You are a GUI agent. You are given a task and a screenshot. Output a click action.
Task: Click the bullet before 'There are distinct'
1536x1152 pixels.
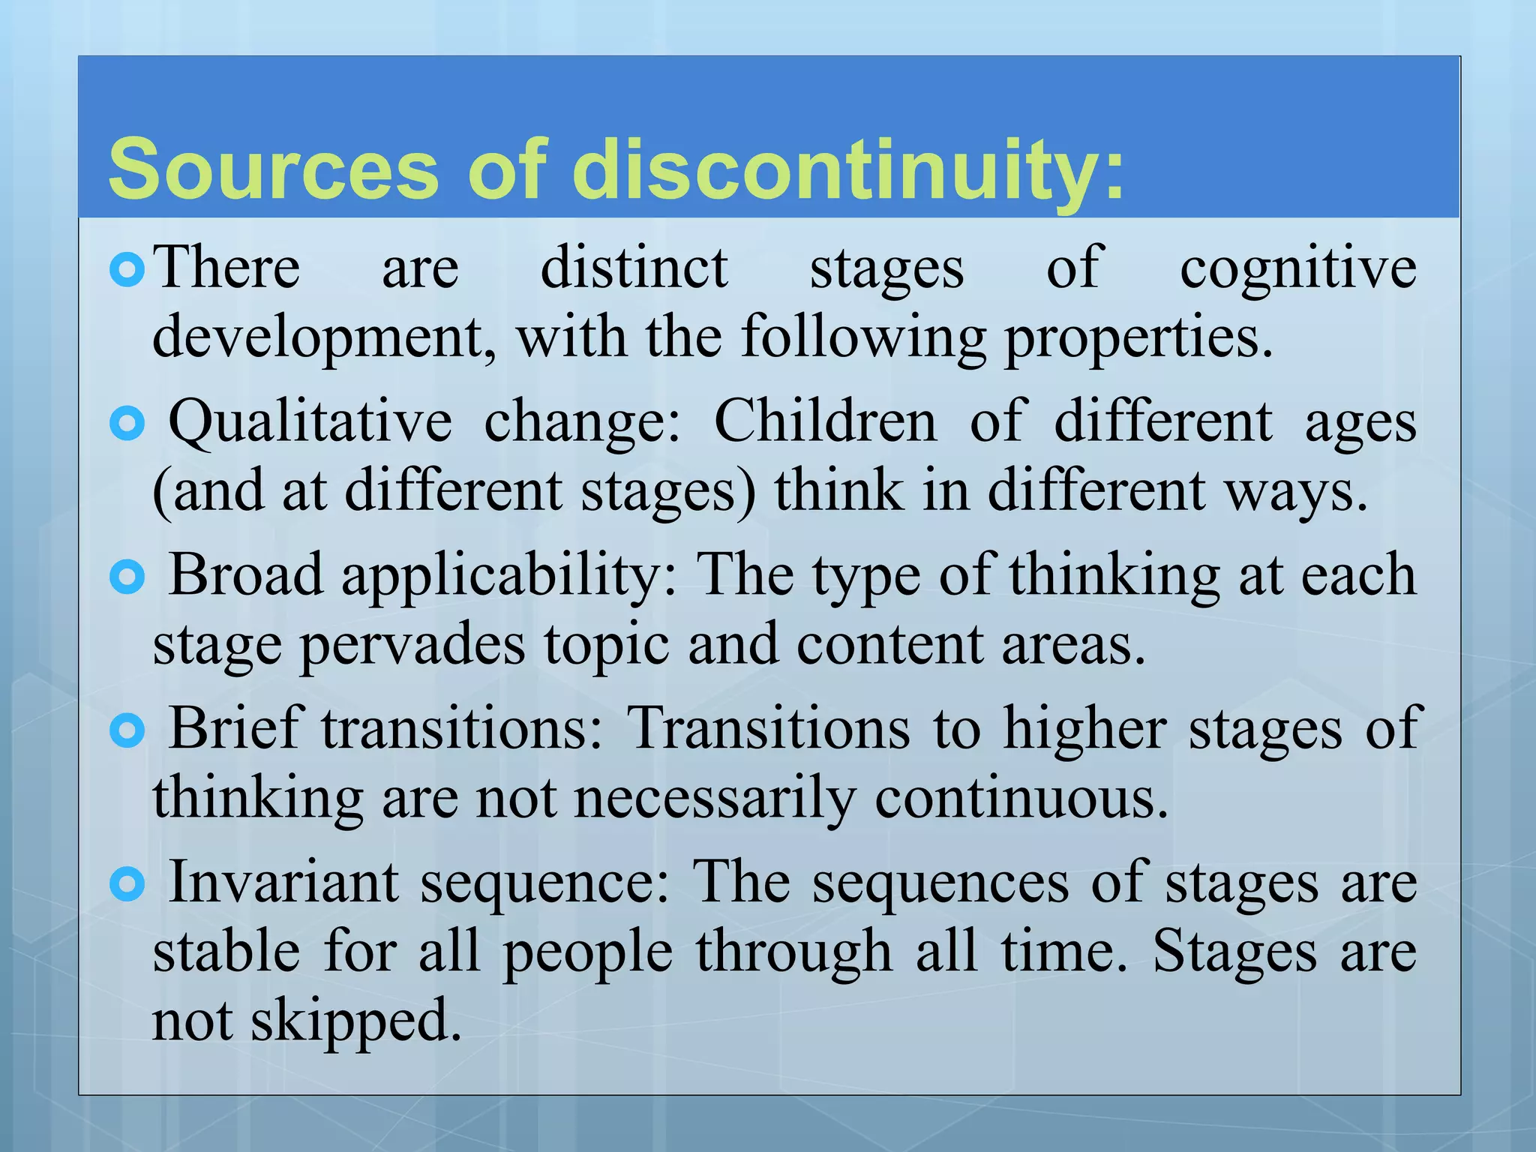click(x=127, y=270)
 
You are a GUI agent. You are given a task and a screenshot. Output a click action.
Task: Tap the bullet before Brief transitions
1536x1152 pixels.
click(x=127, y=730)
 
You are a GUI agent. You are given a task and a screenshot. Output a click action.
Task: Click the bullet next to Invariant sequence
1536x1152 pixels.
click(x=127, y=885)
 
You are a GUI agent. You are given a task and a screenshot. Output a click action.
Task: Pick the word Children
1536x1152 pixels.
click(x=826, y=421)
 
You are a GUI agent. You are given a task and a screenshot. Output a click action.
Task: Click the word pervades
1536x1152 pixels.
click(x=413, y=646)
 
